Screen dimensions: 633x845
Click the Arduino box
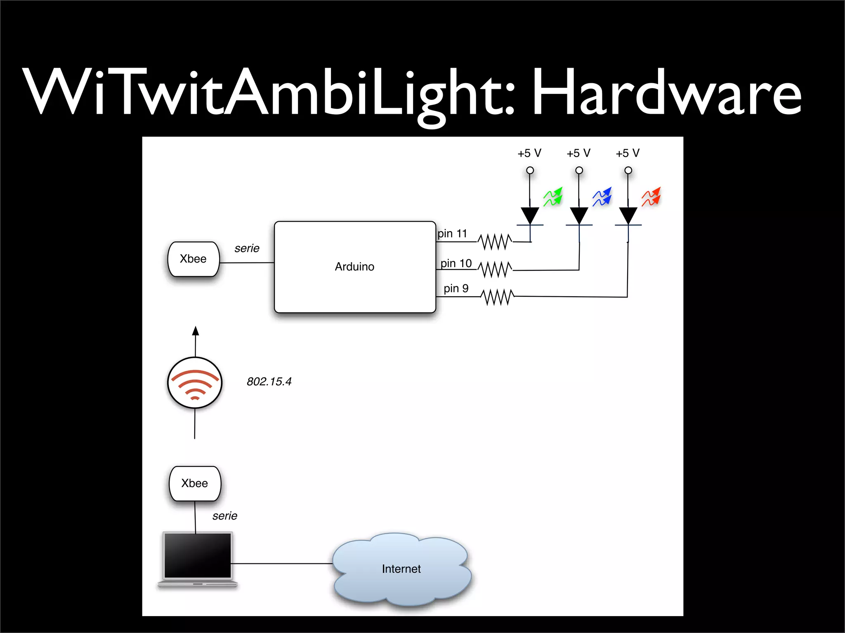tap(355, 267)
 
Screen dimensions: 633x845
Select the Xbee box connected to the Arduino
tap(193, 259)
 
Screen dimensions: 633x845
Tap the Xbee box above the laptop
tap(195, 483)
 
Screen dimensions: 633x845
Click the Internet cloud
tap(401, 569)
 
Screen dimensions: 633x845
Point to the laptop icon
tap(197, 559)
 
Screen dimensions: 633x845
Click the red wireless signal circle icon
tap(195, 383)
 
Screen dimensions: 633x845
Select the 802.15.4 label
tap(269, 382)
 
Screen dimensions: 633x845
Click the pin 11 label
tap(452, 234)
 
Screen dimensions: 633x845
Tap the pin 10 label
tap(456, 263)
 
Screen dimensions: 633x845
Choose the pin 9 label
tap(456, 288)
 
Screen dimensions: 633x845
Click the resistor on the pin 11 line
tap(495, 241)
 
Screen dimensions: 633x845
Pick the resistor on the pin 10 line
tap(495, 270)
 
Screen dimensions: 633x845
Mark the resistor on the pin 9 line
tap(498, 297)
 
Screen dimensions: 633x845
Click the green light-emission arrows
tap(553, 197)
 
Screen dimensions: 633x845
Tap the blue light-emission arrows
tap(602, 197)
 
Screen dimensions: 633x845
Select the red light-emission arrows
tap(651, 197)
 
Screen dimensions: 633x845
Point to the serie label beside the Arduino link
tap(247, 249)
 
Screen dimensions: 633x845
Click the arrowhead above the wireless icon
tap(196, 331)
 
